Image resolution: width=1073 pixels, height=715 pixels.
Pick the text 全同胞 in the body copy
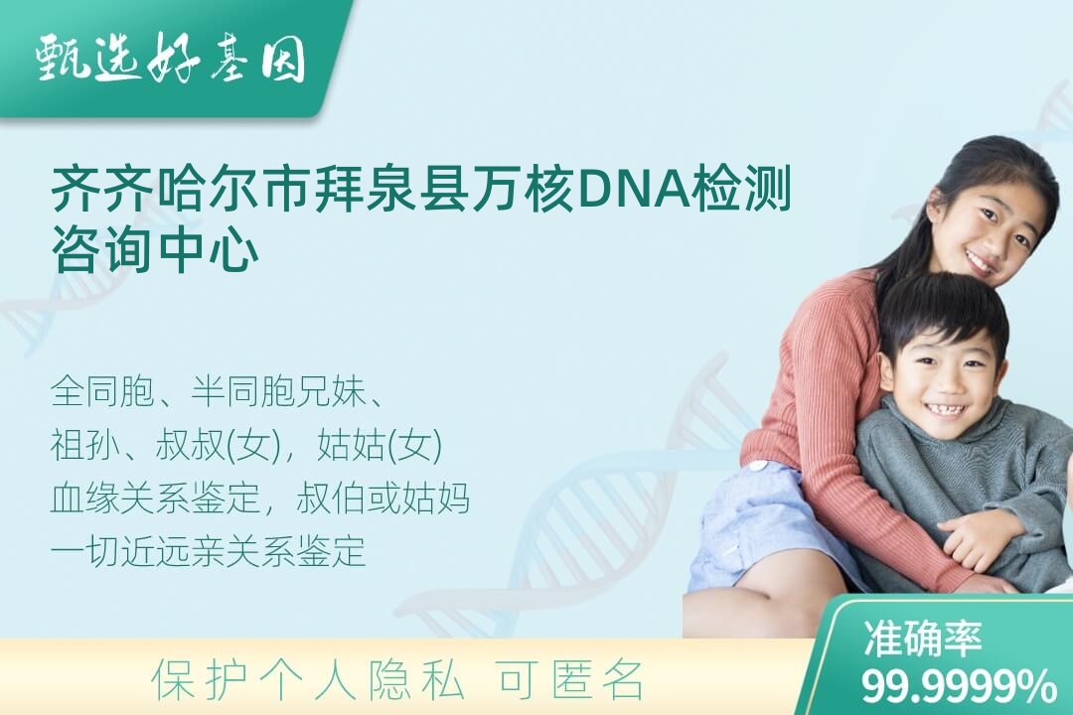tap(102, 392)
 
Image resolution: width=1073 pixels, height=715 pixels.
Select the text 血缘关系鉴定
tap(155, 499)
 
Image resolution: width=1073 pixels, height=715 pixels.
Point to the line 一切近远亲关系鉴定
tap(208, 551)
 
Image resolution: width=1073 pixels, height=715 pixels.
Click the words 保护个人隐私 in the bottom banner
tap(308, 681)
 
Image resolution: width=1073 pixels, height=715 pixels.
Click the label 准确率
tap(922, 639)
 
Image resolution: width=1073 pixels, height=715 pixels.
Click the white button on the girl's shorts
tap(757, 467)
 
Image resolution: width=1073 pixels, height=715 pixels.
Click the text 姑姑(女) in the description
tap(380, 446)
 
